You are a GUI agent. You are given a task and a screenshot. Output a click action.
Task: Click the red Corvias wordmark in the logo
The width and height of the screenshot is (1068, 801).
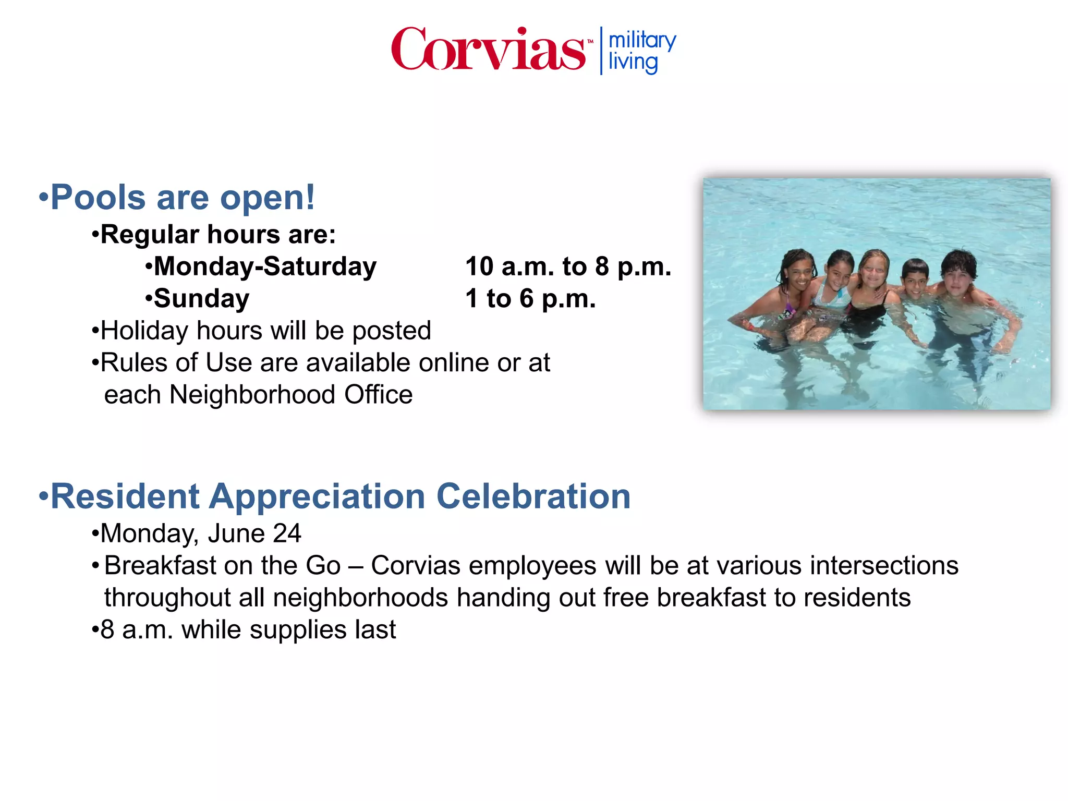click(x=488, y=49)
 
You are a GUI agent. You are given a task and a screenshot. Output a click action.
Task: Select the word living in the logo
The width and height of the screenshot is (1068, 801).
click(x=633, y=63)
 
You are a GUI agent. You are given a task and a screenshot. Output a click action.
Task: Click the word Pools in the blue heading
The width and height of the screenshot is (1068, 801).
click(x=98, y=197)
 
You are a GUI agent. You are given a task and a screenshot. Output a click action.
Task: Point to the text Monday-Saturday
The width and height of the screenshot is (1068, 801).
click(x=265, y=266)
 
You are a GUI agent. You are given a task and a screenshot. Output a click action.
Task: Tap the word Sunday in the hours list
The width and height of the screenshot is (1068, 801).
click(x=201, y=299)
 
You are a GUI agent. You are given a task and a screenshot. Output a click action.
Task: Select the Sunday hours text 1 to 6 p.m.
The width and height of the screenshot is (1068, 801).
click(x=530, y=299)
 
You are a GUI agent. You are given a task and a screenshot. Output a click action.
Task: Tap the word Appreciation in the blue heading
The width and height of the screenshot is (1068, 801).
click(x=317, y=496)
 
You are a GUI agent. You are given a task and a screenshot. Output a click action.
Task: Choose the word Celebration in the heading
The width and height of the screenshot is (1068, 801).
click(x=533, y=496)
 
